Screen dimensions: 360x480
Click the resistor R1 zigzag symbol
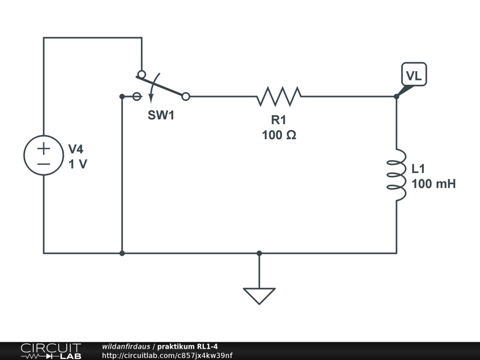(x=279, y=96)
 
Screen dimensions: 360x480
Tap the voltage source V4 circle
(x=44, y=156)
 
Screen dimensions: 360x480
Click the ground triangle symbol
(x=259, y=295)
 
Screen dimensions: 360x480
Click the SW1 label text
(x=161, y=115)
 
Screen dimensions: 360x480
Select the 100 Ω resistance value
(x=279, y=135)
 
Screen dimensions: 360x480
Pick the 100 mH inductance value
(x=434, y=184)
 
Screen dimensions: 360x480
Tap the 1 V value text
(x=78, y=165)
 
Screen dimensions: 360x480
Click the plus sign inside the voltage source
(x=44, y=149)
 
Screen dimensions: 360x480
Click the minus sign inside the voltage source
(x=44, y=164)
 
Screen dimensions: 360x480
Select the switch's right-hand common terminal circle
(x=186, y=97)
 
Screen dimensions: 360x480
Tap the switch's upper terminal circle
(x=141, y=74)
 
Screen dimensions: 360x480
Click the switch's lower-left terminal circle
(x=137, y=97)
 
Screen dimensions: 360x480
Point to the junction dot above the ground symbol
(x=259, y=253)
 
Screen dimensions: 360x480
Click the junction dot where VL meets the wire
(x=396, y=97)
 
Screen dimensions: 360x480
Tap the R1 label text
(x=278, y=120)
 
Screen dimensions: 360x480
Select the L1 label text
(x=420, y=169)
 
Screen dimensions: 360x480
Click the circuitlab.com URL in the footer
(x=167, y=355)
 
